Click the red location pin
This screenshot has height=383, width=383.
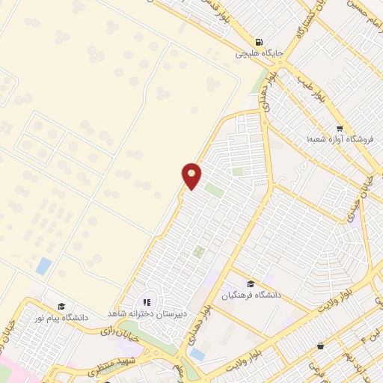[191, 175]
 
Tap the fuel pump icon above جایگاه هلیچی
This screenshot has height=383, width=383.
[258, 43]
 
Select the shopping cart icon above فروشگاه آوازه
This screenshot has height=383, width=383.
[340, 129]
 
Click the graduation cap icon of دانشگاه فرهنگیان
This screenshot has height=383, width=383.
[250, 284]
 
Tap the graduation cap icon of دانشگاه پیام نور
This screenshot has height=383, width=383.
[62, 306]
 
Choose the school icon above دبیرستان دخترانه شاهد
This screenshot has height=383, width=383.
[147, 302]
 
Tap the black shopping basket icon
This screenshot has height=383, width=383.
[320, 346]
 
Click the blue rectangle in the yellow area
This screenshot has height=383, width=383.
[44, 265]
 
